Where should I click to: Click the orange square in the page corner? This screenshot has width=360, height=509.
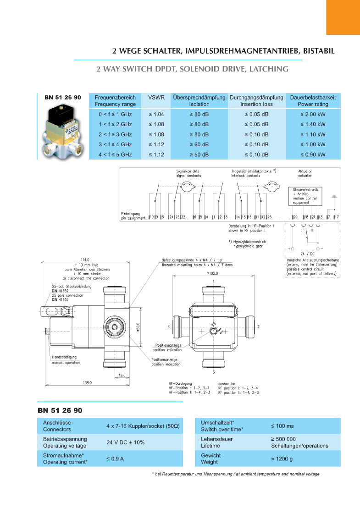pyautogui.click(x=343, y=17)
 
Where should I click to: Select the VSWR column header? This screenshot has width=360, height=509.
pyautogui.click(x=156, y=98)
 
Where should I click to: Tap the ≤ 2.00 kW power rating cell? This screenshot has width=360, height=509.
pyautogui.click(x=313, y=114)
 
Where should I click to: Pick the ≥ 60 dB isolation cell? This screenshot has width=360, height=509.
pyautogui.click(x=199, y=144)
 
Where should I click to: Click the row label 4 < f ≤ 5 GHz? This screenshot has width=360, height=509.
pyautogui.click(x=115, y=155)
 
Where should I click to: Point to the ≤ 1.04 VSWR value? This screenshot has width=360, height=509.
pyautogui.click(x=156, y=114)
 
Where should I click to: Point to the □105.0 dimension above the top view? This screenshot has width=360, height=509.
pyautogui.click(x=213, y=273)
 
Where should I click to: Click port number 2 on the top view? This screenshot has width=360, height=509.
pyautogui.click(x=259, y=326)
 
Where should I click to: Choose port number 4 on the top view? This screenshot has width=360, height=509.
pyautogui.click(x=169, y=326)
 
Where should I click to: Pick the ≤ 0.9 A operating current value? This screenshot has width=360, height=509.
pyautogui.click(x=115, y=459)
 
